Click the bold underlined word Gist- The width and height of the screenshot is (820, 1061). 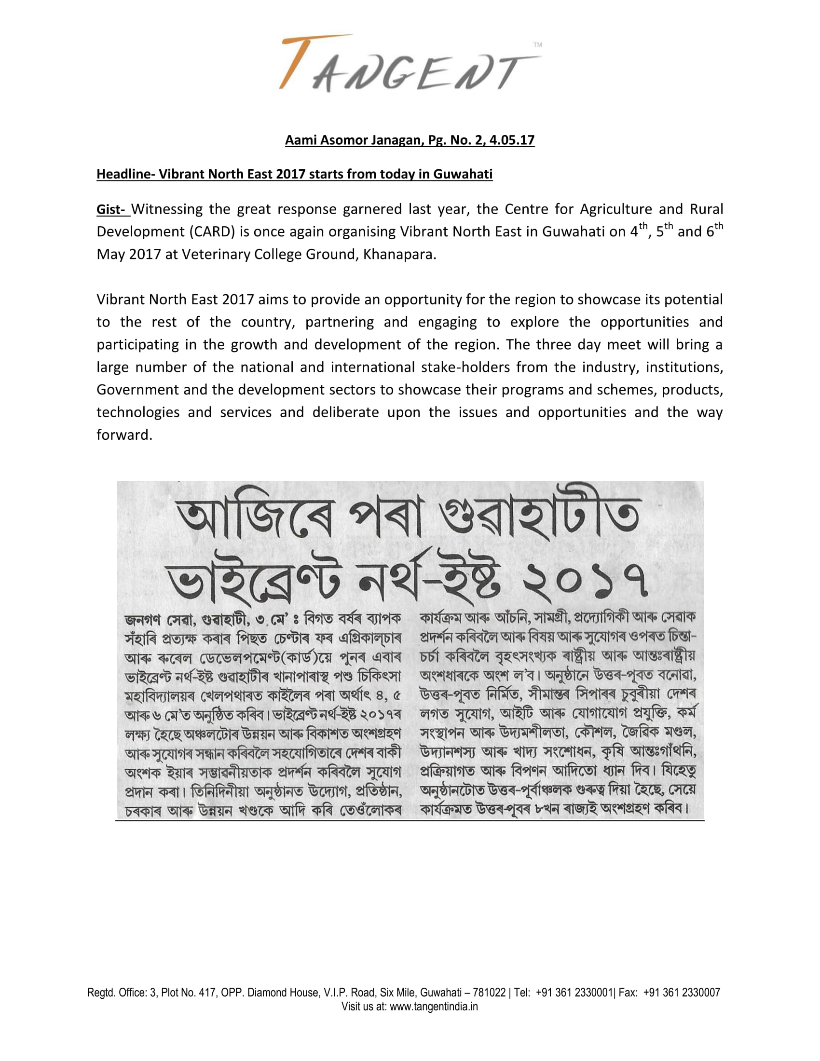coord(112,209)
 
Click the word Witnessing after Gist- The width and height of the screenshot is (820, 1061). coord(166,209)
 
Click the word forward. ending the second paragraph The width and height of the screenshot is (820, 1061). coord(124,435)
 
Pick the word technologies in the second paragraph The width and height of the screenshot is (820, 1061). coord(137,412)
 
